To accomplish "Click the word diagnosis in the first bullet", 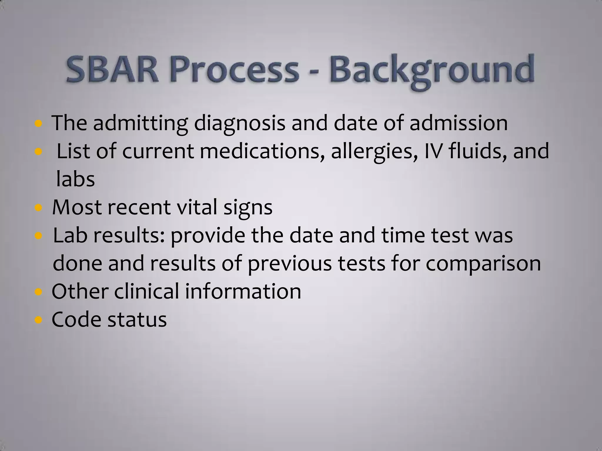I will tap(239, 123).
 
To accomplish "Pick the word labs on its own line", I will tap(75, 179).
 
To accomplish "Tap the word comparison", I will tap(483, 264).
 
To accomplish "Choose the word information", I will tap(243, 291).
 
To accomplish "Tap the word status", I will tap(137, 319).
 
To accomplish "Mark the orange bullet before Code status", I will tap(38, 320).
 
